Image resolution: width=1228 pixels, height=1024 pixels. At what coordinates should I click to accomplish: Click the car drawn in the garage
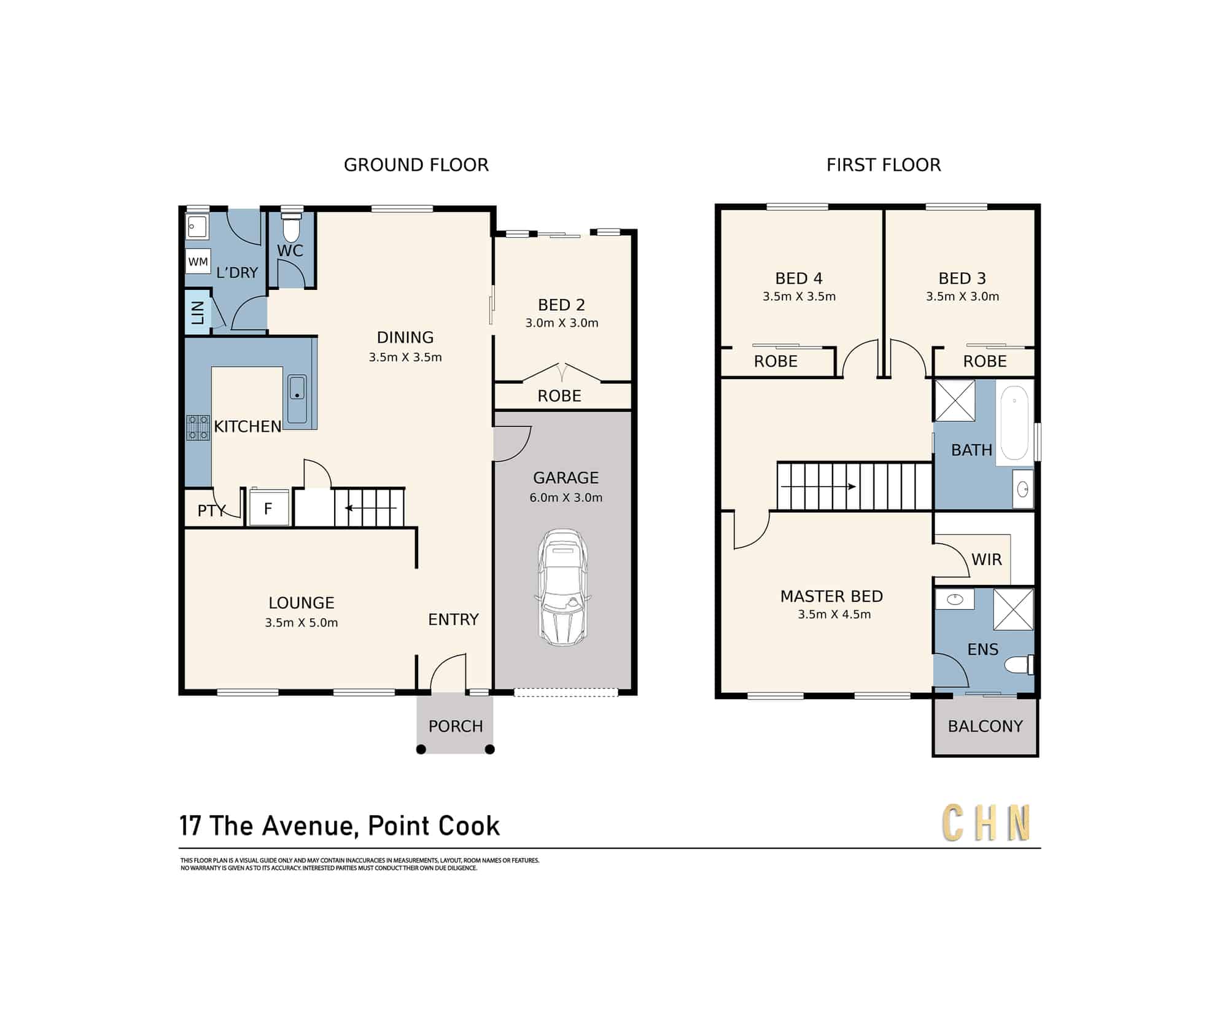pyautogui.click(x=562, y=588)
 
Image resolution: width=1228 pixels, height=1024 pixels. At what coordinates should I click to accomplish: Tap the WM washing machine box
pyautogui.click(x=198, y=262)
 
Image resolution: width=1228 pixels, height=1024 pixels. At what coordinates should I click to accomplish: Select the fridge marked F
pyautogui.click(x=268, y=507)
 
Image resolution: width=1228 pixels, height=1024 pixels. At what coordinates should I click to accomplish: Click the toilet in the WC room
pyautogui.click(x=291, y=227)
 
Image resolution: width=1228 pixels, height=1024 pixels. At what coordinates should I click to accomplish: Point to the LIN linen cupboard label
pyautogui.click(x=198, y=313)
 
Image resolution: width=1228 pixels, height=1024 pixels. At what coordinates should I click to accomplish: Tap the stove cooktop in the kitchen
pyautogui.click(x=198, y=428)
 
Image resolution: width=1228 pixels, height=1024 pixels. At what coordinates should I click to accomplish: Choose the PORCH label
pyautogui.click(x=456, y=726)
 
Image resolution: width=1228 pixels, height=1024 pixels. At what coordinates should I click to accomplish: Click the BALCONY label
pyautogui.click(x=985, y=726)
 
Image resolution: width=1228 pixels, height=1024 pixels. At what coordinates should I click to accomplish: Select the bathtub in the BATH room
pyautogui.click(x=1014, y=423)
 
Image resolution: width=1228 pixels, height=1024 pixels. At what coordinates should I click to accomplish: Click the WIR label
pyautogui.click(x=986, y=560)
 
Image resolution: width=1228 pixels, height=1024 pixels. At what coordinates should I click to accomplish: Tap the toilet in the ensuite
pyautogui.click(x=1019, y=665)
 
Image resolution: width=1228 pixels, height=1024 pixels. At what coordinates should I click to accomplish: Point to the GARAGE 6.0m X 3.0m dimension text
pyautogui.click(x=566, y=498)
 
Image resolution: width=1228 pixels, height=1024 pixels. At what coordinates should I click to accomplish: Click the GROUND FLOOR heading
pyautogui.click(x=416, y=165)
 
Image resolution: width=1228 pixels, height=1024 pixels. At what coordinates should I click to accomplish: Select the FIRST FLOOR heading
pyautogui.click(x=884, y=165)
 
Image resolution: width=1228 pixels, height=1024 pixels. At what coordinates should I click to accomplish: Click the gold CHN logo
pyautogui.click(x=985, y=823)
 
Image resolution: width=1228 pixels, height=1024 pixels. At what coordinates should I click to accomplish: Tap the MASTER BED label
pyautogui.click(x=831, y=596)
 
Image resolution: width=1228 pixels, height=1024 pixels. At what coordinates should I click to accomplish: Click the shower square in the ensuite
pyautogui.click(x=1013, y=609)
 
